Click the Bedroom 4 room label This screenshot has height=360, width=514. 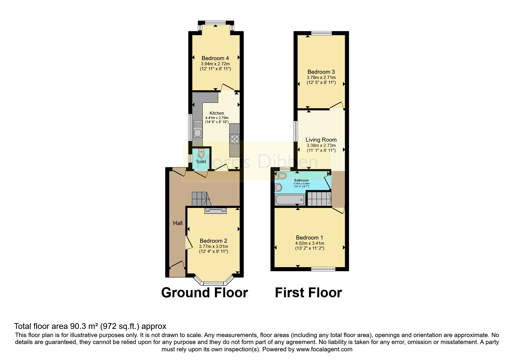coord(215,58)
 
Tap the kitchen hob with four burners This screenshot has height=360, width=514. coord(235,139)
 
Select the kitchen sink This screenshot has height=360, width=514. coord(198,133)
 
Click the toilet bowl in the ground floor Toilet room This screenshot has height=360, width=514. coord(201,154)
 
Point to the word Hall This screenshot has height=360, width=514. coord(178,223)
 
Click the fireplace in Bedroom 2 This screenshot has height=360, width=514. coord(215,211)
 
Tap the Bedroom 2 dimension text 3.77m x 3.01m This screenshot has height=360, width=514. coord(213,246)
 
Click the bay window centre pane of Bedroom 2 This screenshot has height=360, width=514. coord(213,283)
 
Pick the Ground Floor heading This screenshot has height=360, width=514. coord(204,293)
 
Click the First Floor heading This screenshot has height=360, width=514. coord(308,293)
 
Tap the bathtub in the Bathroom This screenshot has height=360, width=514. coord(290,200)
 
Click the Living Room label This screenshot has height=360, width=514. coord(321,140)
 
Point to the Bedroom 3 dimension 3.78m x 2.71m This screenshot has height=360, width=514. coord(321,78)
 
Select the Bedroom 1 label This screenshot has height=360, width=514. coord(309,237)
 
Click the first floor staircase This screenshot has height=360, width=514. coord(319,199)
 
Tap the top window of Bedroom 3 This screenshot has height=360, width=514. coord(322,33)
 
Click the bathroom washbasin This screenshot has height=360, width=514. coord(278,187)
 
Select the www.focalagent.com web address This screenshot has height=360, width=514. coord(324,349)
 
